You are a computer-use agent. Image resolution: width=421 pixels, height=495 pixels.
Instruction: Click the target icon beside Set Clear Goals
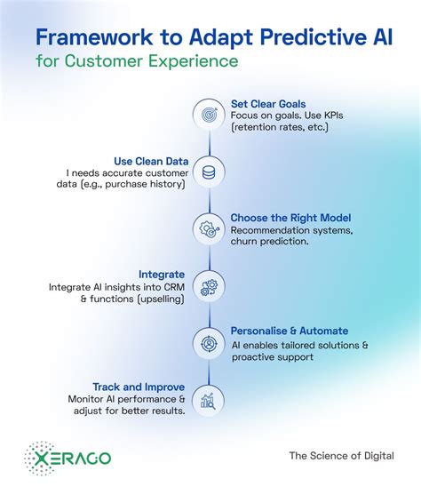pyautogui.click(x=210, y=115)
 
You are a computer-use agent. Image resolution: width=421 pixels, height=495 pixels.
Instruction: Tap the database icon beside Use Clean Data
pyautogui.click(x=210, y=171)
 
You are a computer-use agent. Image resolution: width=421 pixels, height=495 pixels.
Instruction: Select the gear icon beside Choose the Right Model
pyautogui.click(x=210, y=228)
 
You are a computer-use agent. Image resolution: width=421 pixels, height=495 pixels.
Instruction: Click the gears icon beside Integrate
pyautogui.click(x=210, y=284)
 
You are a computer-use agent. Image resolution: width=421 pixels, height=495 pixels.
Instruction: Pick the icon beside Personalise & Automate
pyautogui.click(x=210, y=341)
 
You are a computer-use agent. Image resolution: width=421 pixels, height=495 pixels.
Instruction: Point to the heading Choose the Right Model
pyautogui.click(x=290, y=217)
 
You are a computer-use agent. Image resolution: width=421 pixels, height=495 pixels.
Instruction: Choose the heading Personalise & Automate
pyautogui.click(x=290, y=331)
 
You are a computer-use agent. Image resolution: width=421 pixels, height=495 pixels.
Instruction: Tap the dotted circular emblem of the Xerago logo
pyautogui.click(x=39, y=456)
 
